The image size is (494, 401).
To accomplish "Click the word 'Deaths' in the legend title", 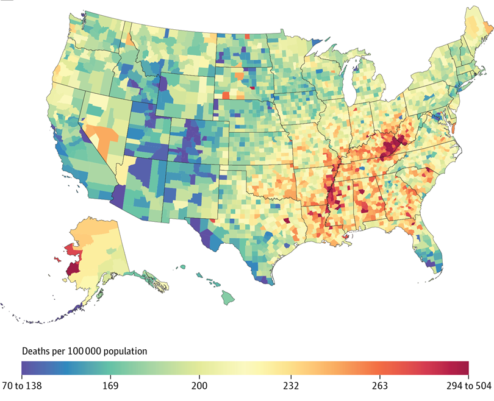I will pyautogui.click(x=36, y=352).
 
